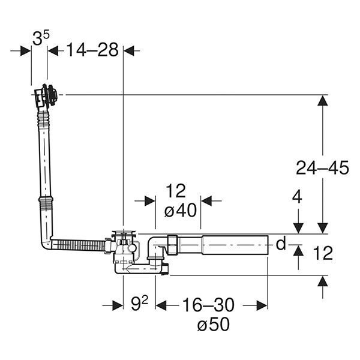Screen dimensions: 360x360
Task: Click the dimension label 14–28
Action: coord(92,50)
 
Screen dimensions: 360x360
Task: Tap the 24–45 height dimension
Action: coord(322,167)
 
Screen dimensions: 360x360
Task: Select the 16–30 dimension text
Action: coord(208,305)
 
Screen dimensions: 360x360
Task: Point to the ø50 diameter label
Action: coord(213,324)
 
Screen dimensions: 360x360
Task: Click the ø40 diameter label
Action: coord(181,210)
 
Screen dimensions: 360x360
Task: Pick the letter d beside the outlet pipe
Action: coord(281,244)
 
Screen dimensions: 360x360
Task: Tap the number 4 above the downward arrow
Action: coord(297,197)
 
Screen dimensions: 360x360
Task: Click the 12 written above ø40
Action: coord(176,191)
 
